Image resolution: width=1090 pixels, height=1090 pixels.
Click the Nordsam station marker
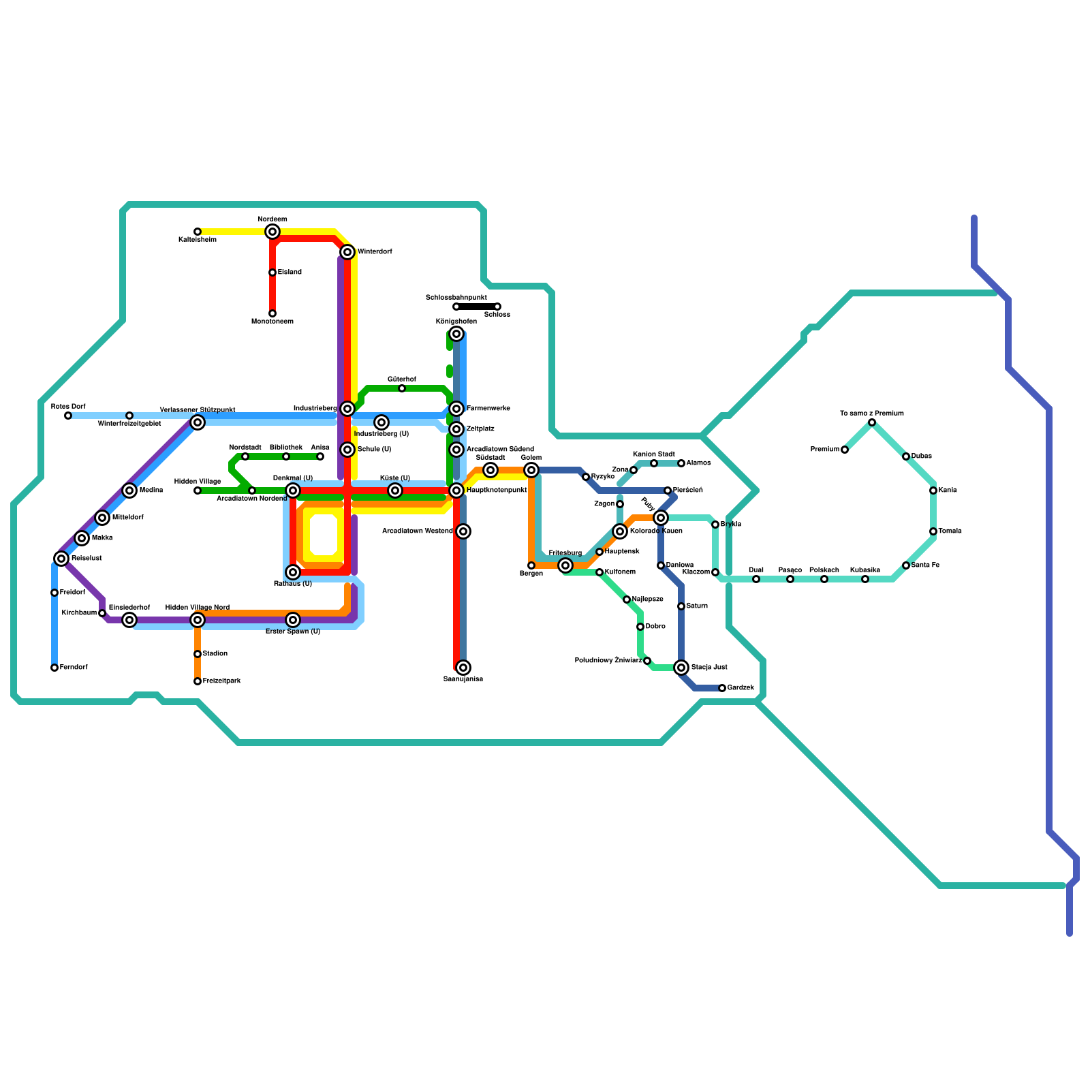click(x=272, y=232)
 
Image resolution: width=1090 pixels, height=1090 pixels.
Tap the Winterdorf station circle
click(x=347, y=252)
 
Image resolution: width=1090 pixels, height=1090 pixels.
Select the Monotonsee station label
click(x=272, y=322)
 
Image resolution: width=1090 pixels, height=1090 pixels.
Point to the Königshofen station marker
click(x=456, y=334)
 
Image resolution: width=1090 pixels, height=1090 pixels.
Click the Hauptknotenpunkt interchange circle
click(x=456, y=490)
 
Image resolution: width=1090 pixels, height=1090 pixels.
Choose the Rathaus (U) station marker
click(x=293, y=572)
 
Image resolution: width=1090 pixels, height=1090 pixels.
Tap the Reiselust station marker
click(x=61, y=559)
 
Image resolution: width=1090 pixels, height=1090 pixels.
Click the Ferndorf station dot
click(x=54, y=668)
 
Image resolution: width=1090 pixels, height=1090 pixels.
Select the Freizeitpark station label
click(x=221, y=681)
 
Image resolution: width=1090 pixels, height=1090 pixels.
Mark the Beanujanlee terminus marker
click(x=463, y=668)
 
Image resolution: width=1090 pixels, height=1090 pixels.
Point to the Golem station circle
click(x=531, y=470)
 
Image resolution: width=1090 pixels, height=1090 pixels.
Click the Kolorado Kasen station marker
click(x=620, y=531)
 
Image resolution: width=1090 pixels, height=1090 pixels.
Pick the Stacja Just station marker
click(x=681, y=668)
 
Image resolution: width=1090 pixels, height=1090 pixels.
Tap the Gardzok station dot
click(x=722, y=688)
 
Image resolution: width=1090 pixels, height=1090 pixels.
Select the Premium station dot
click(x=845, y=450)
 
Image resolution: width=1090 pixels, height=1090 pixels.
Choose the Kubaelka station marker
click(x=865, y=579)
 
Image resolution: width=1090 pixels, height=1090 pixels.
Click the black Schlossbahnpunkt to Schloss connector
click(x=477, y=307)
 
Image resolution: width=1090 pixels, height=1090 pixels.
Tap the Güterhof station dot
click(x=402, y=388)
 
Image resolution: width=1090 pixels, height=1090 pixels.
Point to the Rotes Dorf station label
click(x=68, y=407)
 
